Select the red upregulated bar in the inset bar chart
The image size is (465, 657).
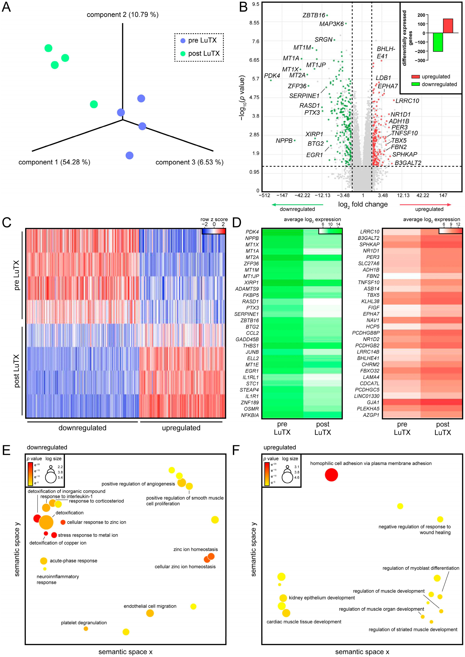448,26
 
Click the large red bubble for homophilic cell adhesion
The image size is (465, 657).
331,475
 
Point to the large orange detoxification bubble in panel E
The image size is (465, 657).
46,523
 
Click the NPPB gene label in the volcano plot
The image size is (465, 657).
284,141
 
